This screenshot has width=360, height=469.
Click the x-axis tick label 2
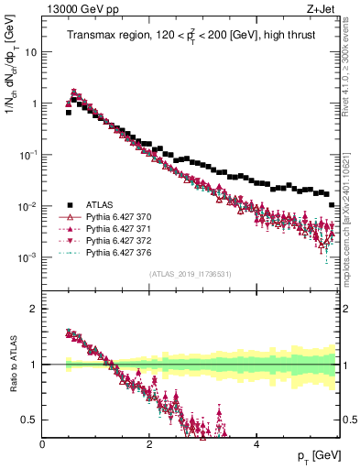(149, 443)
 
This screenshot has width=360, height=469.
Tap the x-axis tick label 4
(256, 443)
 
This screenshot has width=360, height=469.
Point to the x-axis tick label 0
(42, 443)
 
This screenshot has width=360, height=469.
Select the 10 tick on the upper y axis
(29, 52)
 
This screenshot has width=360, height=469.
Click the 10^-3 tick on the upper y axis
(27, 257)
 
